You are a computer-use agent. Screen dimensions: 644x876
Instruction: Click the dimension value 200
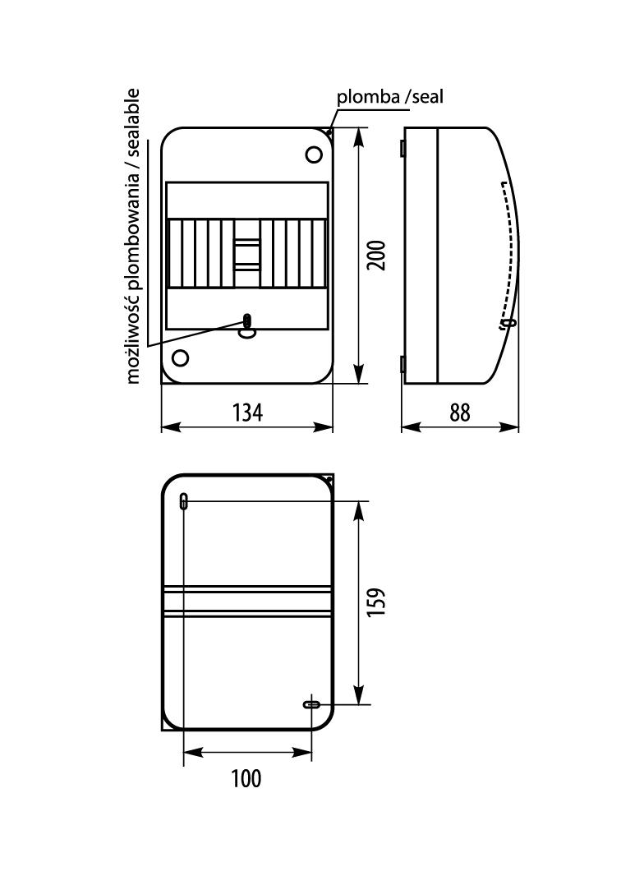[x=376, y=256]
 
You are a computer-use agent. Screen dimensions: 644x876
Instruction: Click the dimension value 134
[x=247, y=413]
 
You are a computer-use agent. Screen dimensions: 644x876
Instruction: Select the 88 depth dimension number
[x=460, y=413]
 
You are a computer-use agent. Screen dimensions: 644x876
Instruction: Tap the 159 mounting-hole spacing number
[x=376, y=602]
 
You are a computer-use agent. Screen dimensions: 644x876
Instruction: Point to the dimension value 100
[x=246, y=778]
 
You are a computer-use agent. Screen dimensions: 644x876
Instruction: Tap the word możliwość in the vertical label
[x=132, y=339]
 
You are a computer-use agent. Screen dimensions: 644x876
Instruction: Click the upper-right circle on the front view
[x=314, y=154]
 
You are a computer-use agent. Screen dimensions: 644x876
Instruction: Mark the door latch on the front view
[x=246, y=326]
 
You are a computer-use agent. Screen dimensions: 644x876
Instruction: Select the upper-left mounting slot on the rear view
[x=184, y=501]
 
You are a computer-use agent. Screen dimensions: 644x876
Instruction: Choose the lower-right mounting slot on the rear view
[x=312, y=704]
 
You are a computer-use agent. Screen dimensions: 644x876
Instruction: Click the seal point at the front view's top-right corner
[x=329, y=132]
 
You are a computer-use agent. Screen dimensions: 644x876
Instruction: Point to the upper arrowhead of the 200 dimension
[x=359, y=137]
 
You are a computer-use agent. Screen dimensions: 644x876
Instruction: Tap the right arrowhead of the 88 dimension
[x=509, y=426]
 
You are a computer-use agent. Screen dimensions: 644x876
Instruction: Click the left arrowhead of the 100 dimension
[x=193, y=753]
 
